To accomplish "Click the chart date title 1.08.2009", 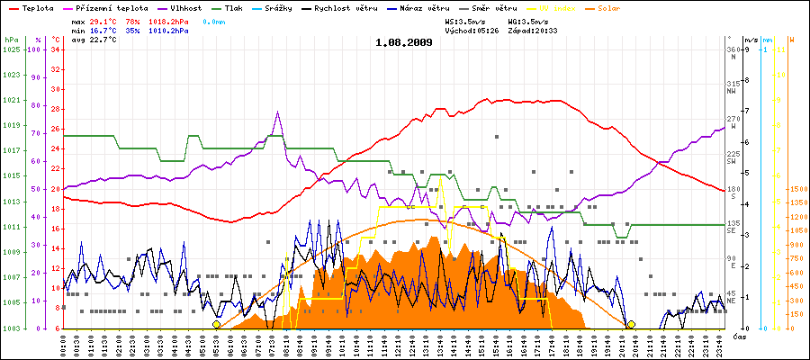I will (x=404, y=42).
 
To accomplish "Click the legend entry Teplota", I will (x=33, y=8).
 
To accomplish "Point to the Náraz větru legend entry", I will (x=464, y=8).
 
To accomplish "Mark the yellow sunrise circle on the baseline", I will (x=216, y=324).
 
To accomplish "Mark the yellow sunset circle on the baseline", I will (x=631, y=324).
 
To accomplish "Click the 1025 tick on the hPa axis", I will (x=11, y=50).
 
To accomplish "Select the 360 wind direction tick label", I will (x=732, y=49).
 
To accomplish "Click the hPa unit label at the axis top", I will (x=11, y=40).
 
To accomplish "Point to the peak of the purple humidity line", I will (x=278, y=112).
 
